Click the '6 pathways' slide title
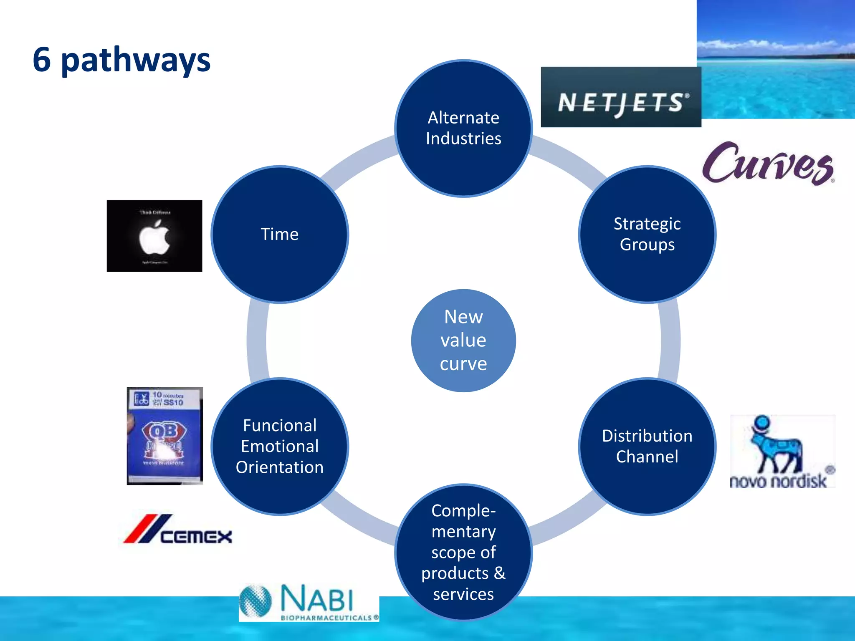121,60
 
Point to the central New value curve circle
463,340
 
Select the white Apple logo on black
154,237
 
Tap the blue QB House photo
164,436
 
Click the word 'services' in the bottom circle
463,594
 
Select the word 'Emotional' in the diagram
279,446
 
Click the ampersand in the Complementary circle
499,573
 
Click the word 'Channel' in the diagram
647,457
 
